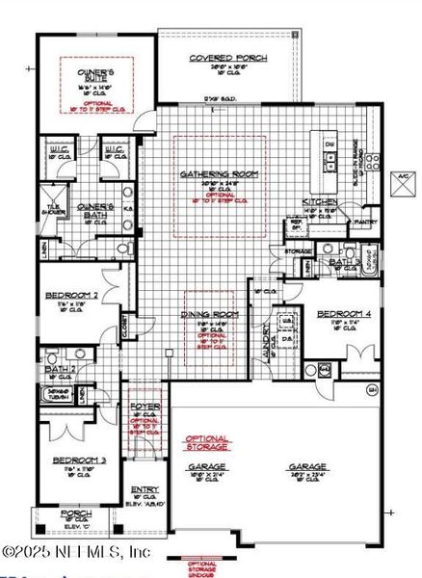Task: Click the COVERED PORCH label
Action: (x=227, y=58)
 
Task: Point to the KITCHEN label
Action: (x=320, y=201)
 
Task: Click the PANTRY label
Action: (x=366, y=222)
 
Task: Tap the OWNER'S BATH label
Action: (x=96, y=207)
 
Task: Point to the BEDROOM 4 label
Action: (x=344, y=314)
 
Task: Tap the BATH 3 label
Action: (x=343, y=261)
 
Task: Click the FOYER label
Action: (x=145, y=407)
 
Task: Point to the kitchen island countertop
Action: (x=329, y=159)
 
